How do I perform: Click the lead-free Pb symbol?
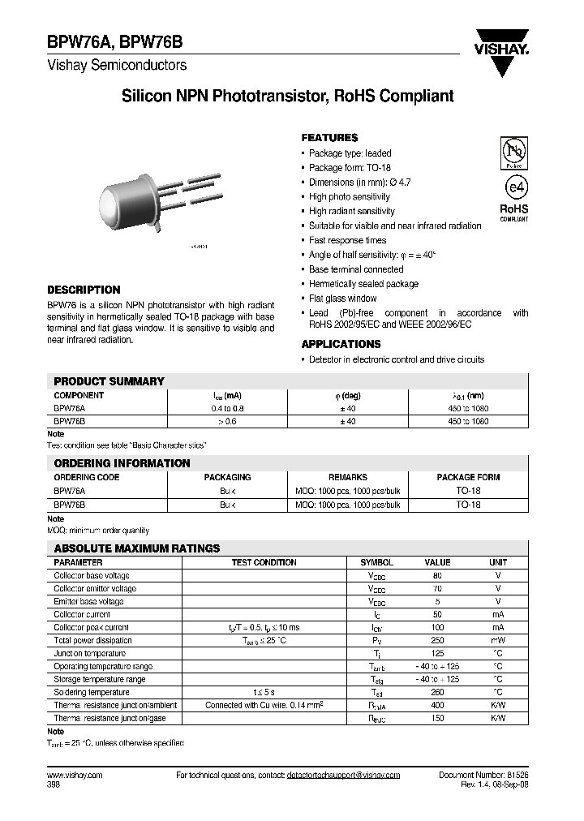pyautogui.click(x=513, y=152)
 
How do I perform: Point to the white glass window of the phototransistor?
pyautogui.click(x=113, y=202)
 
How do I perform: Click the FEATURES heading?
pyautogui.click(x=329, y=138)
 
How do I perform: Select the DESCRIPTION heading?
pyautogui.click(x=84, y=290)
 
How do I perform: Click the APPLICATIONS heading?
pyautogui.click(x=340, y=344)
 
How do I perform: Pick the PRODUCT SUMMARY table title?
pyautogui.click(x=109, y=381)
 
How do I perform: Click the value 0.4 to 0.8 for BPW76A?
pyautogui.click(x=227, y=409)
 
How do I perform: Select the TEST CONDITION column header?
pyautogui.click(x=264, y=562)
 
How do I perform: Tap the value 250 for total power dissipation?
pyautogui.click(x=437, y=640)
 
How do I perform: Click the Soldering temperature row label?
pyautogui.click(x=92, y=692)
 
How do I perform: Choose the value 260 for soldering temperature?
pyautogui.click(x=437, y=692)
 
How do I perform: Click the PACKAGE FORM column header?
pyautogui.click(x=468, y=478)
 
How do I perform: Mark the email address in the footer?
pyautogui.click(x=343, y=776)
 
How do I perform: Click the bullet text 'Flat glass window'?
pyautogui.click(x=342, y=299)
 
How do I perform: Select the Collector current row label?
pyautogui.click(x=83, y=614)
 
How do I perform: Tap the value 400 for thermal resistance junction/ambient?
pyautogui.click(x=437, y=705)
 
